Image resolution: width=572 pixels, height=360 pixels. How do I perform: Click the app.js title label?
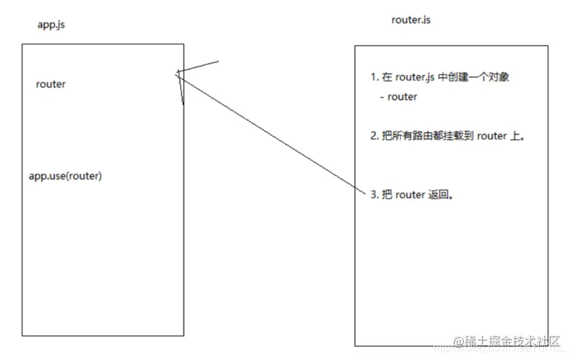point(51,25)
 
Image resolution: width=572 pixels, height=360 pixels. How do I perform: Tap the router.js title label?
point(411,19)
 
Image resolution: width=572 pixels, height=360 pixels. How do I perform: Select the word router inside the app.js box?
point(51,84)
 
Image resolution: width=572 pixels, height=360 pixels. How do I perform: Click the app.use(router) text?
point(65,176)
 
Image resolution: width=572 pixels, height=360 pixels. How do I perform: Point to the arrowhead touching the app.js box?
point(179,74)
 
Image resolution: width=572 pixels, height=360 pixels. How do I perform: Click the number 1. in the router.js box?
point(374,77)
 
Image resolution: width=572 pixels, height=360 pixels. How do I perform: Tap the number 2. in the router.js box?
point(374,136)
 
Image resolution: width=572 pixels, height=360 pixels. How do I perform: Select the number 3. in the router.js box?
point(374,195)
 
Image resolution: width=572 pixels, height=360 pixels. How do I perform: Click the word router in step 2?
point(493,136)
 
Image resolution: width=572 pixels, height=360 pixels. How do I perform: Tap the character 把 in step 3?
point(387,195)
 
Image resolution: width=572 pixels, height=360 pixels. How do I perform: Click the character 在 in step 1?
point(387,77)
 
